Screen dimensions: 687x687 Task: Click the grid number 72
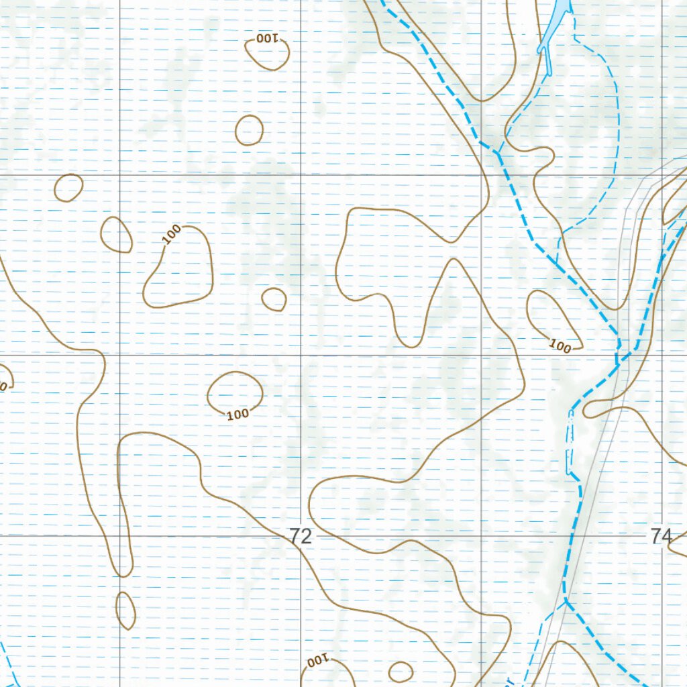point(302,536)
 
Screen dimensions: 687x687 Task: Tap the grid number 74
point(661,536)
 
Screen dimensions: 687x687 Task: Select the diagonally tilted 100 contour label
point(172,233)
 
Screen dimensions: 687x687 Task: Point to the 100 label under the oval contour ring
point(237,414)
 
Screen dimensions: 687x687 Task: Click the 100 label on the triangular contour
point(560,347)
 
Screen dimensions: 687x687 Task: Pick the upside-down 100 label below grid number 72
point(317,662)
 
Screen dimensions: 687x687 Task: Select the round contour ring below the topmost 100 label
point(249,130)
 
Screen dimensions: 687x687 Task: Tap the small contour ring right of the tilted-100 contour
point(274,299)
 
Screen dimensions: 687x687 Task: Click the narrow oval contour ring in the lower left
point(125,610)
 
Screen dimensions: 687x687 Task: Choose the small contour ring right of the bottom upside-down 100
point(401,672)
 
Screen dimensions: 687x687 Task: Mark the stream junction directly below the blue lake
point(498,153)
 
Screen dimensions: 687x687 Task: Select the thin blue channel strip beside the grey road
point(571,443)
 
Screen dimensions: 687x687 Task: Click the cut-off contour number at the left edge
point(3,386)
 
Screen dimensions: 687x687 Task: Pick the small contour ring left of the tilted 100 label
point(116,235)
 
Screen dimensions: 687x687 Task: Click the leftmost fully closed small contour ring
point(68,188)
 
